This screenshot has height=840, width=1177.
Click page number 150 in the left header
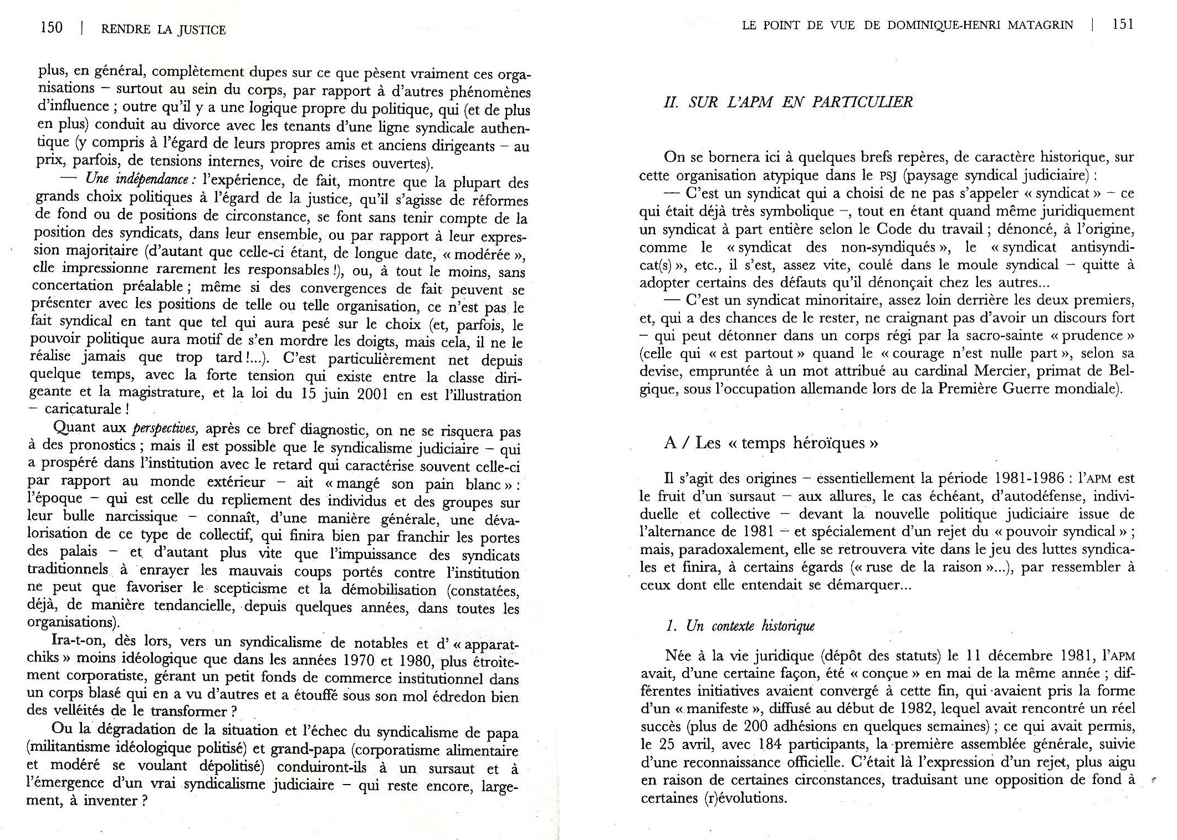[x=52, y=28]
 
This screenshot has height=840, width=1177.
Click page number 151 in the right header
[x=1123, y=24]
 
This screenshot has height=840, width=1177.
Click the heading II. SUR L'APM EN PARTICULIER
[x=787, y=103]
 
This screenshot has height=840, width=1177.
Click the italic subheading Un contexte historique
[x=740, y=626]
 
